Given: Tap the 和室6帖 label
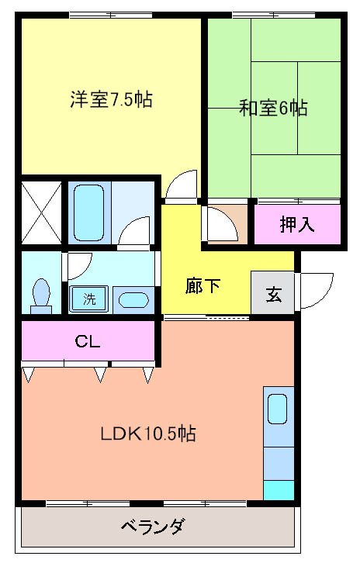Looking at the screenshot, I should tap(272, 108).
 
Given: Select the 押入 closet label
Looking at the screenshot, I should tap(298, 225).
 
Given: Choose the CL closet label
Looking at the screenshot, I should tap(87, 340).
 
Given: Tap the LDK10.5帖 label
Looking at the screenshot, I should tap(147, 433).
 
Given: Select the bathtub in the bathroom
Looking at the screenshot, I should tap(89, 212).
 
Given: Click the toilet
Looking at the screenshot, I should tap(42, 295).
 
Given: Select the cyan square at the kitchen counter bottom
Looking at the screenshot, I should tap(278, 490).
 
